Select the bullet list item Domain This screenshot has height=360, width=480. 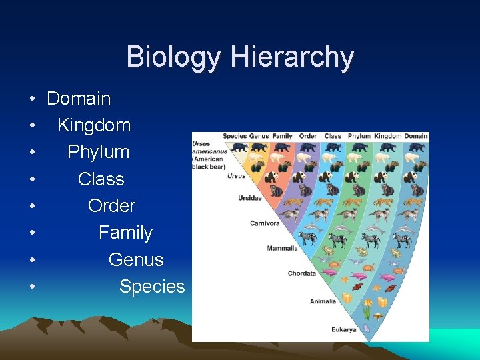point(79,99)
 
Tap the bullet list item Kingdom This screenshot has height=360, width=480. point(94,125)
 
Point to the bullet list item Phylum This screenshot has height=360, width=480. point(99,152)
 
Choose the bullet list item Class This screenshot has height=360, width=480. point(101,179)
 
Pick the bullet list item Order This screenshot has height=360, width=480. point(111,206)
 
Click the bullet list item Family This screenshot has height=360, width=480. point(125,233)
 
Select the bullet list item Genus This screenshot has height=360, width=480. point(136,259)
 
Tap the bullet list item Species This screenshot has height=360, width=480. point(152,287)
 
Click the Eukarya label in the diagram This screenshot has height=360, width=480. point(343,329)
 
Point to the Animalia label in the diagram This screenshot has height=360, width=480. point(322,301)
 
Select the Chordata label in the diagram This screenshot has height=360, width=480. point(301,273)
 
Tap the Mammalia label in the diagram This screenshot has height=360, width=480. point(282,248)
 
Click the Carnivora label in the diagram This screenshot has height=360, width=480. point(265,223)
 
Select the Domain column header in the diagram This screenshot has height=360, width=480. point(416,136)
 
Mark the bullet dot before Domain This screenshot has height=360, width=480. point(32,99)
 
